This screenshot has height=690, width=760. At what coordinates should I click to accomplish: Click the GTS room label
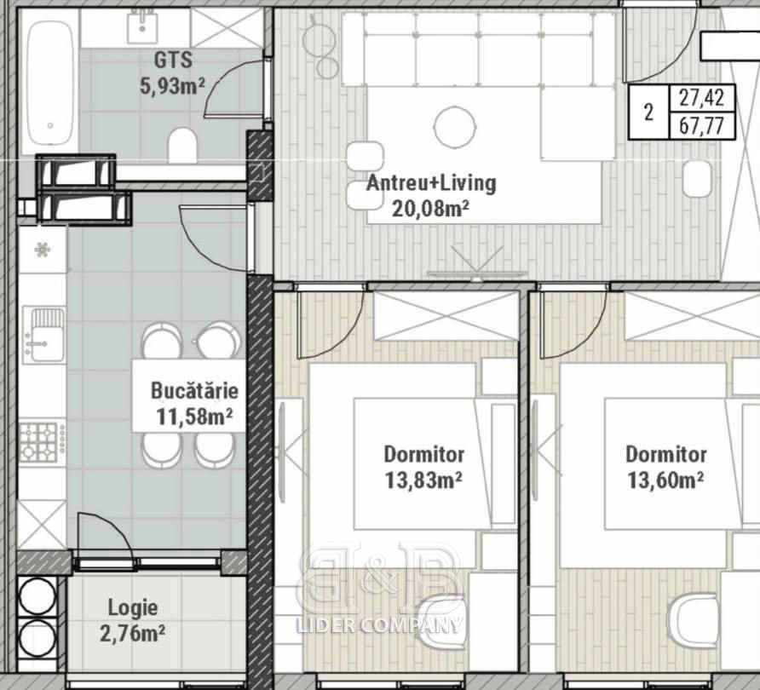[173, 60]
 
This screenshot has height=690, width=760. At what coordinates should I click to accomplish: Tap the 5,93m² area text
[173, 86]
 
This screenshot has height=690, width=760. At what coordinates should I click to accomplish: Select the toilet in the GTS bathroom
[182, 145]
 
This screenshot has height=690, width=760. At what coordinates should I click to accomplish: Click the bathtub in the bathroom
[50, 83]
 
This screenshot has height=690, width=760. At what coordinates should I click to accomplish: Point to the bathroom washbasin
[142, 27]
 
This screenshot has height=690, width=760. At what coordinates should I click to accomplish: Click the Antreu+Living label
[431, 184]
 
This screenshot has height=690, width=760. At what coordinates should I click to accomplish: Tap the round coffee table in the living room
[454, 126]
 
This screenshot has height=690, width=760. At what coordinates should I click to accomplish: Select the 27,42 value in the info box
[701, 98]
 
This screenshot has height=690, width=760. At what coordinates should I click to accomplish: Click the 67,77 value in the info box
[701, 126]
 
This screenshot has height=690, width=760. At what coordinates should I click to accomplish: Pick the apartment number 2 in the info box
[649, 112]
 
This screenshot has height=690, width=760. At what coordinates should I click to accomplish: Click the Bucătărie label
[194, 390]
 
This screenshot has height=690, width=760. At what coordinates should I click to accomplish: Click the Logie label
[132, 607]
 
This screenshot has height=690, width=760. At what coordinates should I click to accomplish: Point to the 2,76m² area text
[132, 633]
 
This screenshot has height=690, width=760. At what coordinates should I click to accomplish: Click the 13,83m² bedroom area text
[423, 480]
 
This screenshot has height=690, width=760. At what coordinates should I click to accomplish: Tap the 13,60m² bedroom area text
[665, 480]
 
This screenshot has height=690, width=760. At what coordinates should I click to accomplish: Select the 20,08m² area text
[430, 210]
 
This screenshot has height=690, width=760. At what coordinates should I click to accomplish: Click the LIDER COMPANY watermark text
[378, 624]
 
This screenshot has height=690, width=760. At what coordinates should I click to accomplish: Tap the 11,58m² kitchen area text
[194, 417]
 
